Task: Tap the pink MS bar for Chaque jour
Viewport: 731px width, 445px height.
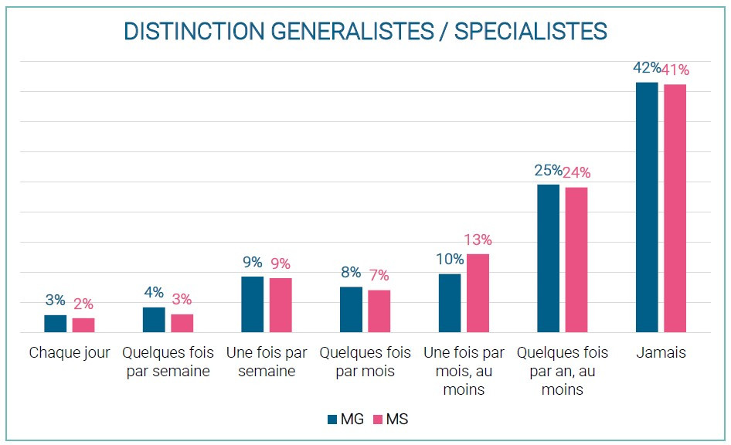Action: (x=83, y=325)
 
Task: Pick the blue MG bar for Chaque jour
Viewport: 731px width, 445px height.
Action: (x=55, y=324)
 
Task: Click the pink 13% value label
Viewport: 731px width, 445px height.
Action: (x=478, y=240)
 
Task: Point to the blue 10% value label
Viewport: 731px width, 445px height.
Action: (x=450, y=260)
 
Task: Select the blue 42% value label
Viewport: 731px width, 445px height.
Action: (x=646, y=68)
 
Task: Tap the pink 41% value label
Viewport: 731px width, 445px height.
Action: (x=675, y=70)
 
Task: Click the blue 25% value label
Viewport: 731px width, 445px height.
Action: (x=548, y=171)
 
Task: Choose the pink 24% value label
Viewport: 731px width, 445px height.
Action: (x=576, y=173)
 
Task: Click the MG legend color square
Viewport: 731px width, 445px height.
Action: (x=332, y=420)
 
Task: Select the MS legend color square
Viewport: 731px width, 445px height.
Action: (x=378, y=420)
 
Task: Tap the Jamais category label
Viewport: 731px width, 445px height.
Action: (x=661, y=353)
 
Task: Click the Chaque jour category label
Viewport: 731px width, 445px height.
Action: (x=70, y=353)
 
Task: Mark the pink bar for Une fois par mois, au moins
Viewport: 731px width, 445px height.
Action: (x=478, y=293)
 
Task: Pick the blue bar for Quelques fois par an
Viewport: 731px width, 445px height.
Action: (x=548, y=258)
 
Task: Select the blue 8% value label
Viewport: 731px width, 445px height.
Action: (x=351, y=273)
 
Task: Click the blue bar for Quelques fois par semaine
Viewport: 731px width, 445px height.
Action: (x=154, y=320)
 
